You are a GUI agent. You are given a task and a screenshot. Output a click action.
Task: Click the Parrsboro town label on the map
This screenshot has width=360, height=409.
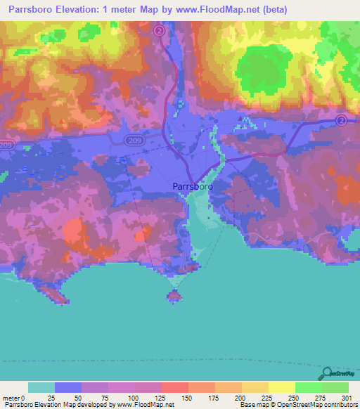(x=192, y=187)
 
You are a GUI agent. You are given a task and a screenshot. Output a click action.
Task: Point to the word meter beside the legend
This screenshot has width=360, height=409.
(x=11, y=398)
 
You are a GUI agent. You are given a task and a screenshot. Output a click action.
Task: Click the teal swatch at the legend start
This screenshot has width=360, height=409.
(x=41, y=387)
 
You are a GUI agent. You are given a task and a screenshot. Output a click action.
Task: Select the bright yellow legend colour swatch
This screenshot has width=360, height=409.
(x=282, y=387)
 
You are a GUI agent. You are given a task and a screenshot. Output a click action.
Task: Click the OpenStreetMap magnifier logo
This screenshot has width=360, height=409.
(x=328, y=373)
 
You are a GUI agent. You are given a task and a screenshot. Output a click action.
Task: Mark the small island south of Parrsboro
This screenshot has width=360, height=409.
(x=174, y=296)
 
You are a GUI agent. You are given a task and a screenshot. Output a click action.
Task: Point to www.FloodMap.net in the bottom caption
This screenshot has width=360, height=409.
(x=145, y=405)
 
